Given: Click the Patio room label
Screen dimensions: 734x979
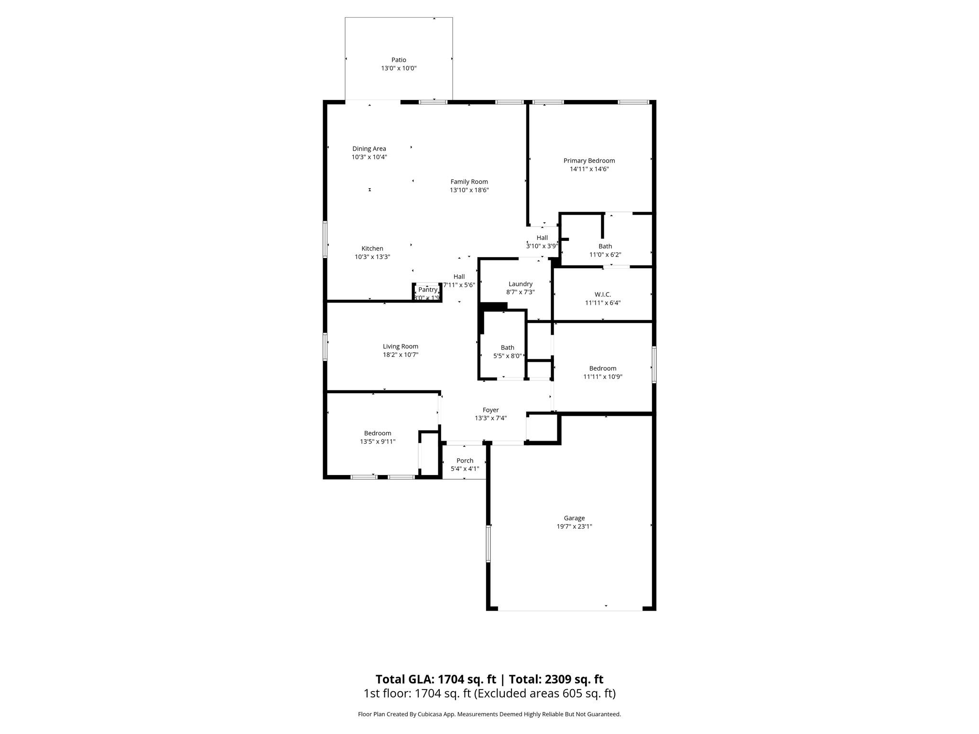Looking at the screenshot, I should point(399,60).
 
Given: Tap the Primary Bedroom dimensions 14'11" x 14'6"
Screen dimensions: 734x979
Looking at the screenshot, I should point(589,169).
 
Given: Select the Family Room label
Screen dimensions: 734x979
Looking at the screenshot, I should point(469,182).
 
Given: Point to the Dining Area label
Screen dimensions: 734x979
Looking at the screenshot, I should point(369,149).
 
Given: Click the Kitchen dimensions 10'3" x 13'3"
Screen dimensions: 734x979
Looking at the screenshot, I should point(372,257).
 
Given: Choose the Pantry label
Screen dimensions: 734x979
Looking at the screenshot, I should point(427,290).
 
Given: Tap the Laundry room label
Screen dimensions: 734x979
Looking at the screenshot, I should point(520,284).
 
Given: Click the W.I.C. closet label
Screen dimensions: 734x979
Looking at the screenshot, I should point(603,294).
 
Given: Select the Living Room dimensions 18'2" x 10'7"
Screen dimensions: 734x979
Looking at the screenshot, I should point(400,355).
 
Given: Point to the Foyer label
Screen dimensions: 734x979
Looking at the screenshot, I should point(490,410).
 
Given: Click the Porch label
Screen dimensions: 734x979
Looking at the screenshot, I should point(465,461).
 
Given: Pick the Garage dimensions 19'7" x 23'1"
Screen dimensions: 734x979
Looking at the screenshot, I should point(574,527).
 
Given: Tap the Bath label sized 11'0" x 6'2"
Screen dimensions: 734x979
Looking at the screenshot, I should point(605,247).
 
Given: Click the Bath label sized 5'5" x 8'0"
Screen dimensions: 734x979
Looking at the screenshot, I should point(507,348).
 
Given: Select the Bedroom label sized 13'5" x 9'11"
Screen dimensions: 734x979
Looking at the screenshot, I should point(378,433).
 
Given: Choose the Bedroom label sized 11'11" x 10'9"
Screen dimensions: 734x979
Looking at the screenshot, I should point(602,368).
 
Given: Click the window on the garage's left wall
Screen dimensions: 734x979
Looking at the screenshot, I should point(488,544).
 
